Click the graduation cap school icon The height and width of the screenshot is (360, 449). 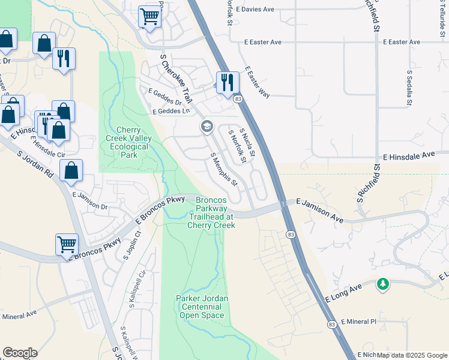(x=206, y=127)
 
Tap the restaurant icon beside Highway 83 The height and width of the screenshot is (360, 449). (x=228, y=82)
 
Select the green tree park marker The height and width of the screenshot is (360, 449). (x=382, y=284)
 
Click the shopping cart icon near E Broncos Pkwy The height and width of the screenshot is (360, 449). (x=67, y=244)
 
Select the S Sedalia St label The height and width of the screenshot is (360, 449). (x=409, y=88)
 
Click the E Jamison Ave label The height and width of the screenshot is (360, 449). (x=319, y=211)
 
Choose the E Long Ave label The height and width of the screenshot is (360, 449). (x=345, y=293)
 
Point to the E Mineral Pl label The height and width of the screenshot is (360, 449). (x=358, y=322)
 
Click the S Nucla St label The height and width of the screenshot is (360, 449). (x=247, y=143)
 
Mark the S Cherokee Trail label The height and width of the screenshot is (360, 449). (x=175, y=78)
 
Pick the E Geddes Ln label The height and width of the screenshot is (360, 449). (x=171, y=111)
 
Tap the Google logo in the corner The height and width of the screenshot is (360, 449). (x=20, y=353)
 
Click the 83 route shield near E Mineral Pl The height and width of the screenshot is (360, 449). (x=332, y=324)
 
